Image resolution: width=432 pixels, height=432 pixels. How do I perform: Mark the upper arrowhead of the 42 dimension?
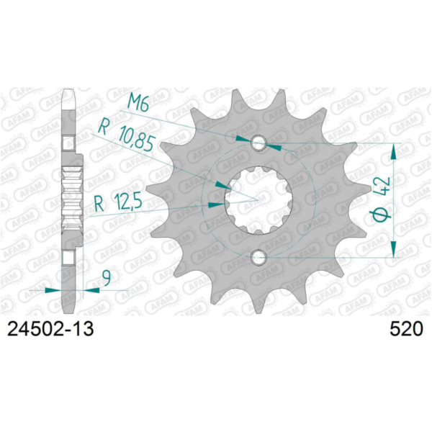pyautogui.click(x=394, y=150)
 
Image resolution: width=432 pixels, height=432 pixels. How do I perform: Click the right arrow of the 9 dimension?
pyautogui.click(x=91, y=289)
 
